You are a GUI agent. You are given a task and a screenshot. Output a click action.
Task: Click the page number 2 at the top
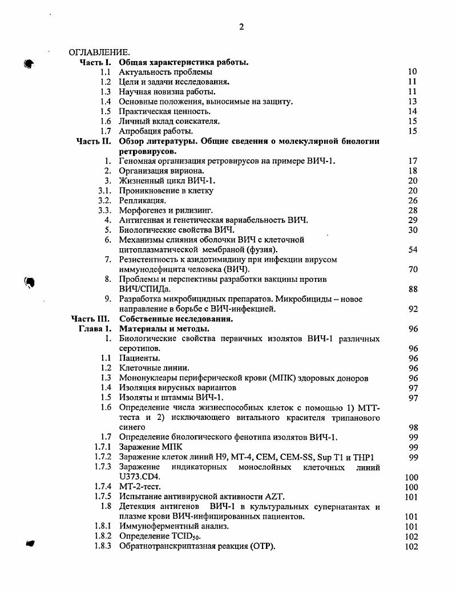pyautogui.click(x=241, y=27)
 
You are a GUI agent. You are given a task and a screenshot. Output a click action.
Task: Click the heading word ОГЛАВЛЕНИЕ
pyautogui.click(x=99, y=53)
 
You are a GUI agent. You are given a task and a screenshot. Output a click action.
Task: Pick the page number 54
pyautogui.click(x=413, y=249)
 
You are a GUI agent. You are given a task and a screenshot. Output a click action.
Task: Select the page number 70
pyautogui.click(x=413, y=269)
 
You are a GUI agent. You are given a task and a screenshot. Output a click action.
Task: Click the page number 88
pyautogui.click(x=413, y=289)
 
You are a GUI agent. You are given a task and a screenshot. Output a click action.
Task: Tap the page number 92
pyautogui.click(x=413, y=309)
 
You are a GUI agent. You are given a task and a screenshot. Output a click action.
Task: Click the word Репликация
pyautogui.click(x=143, y=200)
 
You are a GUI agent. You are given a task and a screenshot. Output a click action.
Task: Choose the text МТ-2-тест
pyautogui.click(x=139, y=487)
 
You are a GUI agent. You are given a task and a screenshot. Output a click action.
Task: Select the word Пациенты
pyautogui.click(x=139, y=358)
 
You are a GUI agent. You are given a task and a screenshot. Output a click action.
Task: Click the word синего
pyautogui.click(x=132, y=427)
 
